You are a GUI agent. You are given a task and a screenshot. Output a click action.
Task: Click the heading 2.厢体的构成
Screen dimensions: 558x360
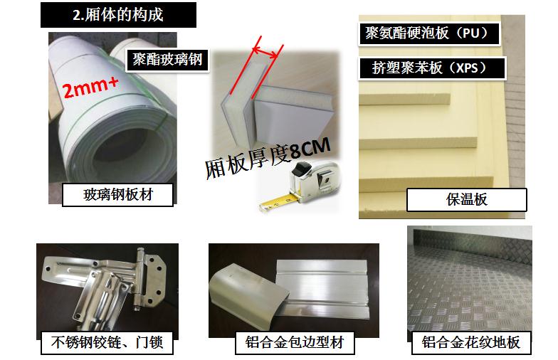pyautogui.click(x=118, y=14)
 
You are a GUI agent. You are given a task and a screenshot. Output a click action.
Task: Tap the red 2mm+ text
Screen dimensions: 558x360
pyautogui.click(x=90, y=87)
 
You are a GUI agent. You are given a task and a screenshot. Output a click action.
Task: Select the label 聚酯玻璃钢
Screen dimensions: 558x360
pyautogui.click(x=167, y=60)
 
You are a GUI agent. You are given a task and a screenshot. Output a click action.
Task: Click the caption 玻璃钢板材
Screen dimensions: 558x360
pyautogui.click(x=118, y=195)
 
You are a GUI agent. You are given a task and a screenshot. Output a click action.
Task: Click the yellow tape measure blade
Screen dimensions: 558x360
pyautogui.click(x=276, y=202)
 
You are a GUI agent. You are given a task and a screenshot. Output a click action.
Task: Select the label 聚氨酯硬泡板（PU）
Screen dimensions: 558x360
pyautogui.click(x=428, y=33)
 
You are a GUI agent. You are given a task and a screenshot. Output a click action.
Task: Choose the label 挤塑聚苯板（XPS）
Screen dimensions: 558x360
pyautogui.click(x=432, y=68)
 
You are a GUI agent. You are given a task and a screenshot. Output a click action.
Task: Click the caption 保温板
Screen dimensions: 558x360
pyautogui.click(x=466, y=199)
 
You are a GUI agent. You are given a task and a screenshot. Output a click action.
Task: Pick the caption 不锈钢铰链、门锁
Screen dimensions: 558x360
pyautogui.click(x=107, y=343)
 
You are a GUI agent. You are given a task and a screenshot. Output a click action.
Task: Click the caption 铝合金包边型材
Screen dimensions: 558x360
pyautogui.click(x=295, y=343)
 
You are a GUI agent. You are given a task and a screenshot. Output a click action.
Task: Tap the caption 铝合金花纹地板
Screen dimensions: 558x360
pyautogui.click(x=471, y=343)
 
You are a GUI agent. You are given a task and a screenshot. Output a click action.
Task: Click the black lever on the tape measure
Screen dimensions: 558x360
pyautogui.click(x=302, y=167)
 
